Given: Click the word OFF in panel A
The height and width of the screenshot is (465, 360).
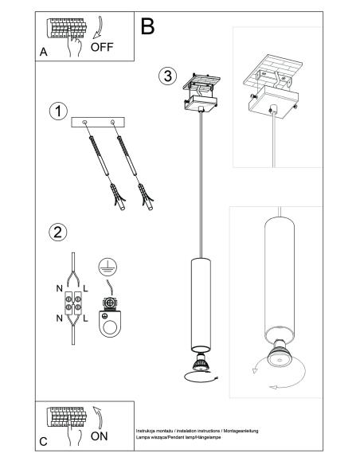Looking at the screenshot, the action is [x=102, y=47].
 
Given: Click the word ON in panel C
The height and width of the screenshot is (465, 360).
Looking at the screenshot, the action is [x=99, y=436].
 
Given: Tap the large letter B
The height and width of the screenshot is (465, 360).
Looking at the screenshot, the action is [x=147, y=26].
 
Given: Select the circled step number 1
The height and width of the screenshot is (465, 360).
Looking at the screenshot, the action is [x=58, y=111].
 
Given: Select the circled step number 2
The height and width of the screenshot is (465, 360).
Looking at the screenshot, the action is [x=58, y=232].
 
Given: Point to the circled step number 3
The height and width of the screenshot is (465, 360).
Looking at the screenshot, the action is [x=167, y=76].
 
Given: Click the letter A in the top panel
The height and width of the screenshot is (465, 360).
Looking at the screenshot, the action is [x=43, y=52].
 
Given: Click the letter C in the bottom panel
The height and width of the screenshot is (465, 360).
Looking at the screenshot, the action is [x=43, y=442].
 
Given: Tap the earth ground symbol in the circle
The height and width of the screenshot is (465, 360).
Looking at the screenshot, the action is [x=108, y=267].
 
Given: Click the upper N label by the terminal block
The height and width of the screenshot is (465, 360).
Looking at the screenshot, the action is [x=59, y=288].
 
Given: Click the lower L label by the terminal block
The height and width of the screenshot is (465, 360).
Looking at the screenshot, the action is [x=85, y=318].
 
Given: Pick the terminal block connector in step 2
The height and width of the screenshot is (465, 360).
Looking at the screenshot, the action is [x=73, y=303].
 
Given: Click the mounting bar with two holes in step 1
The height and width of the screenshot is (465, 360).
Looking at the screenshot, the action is [x=98, y=122].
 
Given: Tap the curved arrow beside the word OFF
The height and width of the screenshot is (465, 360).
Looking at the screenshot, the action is [x=100, y=28].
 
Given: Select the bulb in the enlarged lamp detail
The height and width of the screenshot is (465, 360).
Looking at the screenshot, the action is [x=279, y=354].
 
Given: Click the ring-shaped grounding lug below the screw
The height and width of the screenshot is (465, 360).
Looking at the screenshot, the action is [x=109, y=323].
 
